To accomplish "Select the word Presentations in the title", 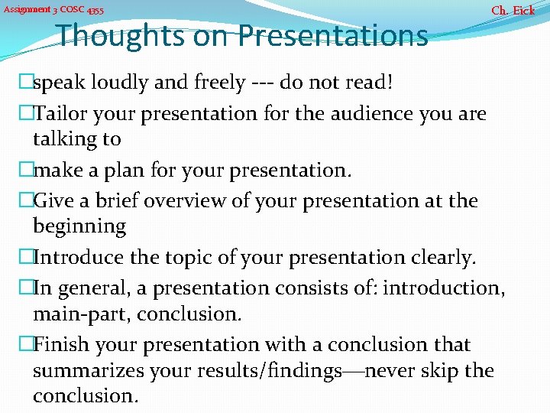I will tap(332, 35).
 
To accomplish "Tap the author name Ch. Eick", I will tap(513, 11).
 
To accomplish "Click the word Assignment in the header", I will tap(26, 11).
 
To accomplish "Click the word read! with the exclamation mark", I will tap(370, 83).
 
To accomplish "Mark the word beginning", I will tap(79, 226).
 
